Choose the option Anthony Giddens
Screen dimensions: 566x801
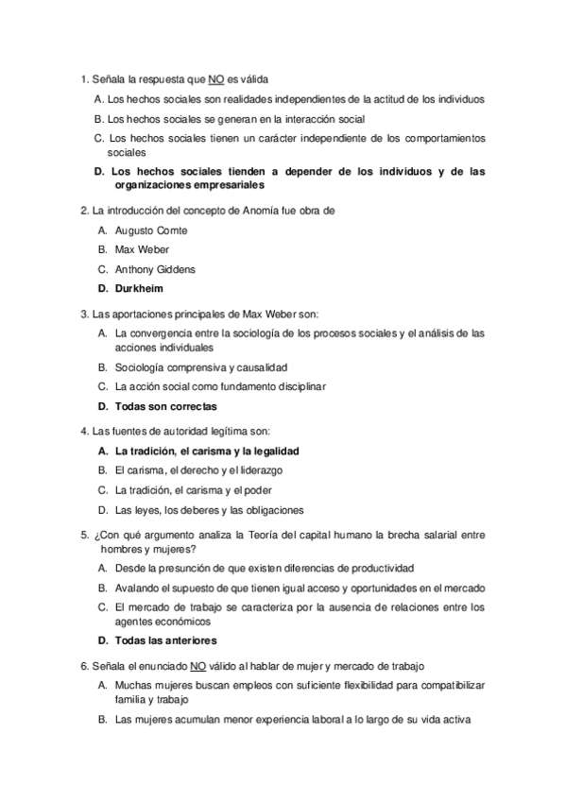tap(155, 269)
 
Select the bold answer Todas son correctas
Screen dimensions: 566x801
tap(165, 406)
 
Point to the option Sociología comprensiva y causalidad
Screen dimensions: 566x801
tap(200, 366)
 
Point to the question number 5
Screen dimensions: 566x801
tap(84, 535)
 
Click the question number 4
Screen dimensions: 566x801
tap(84, 432)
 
